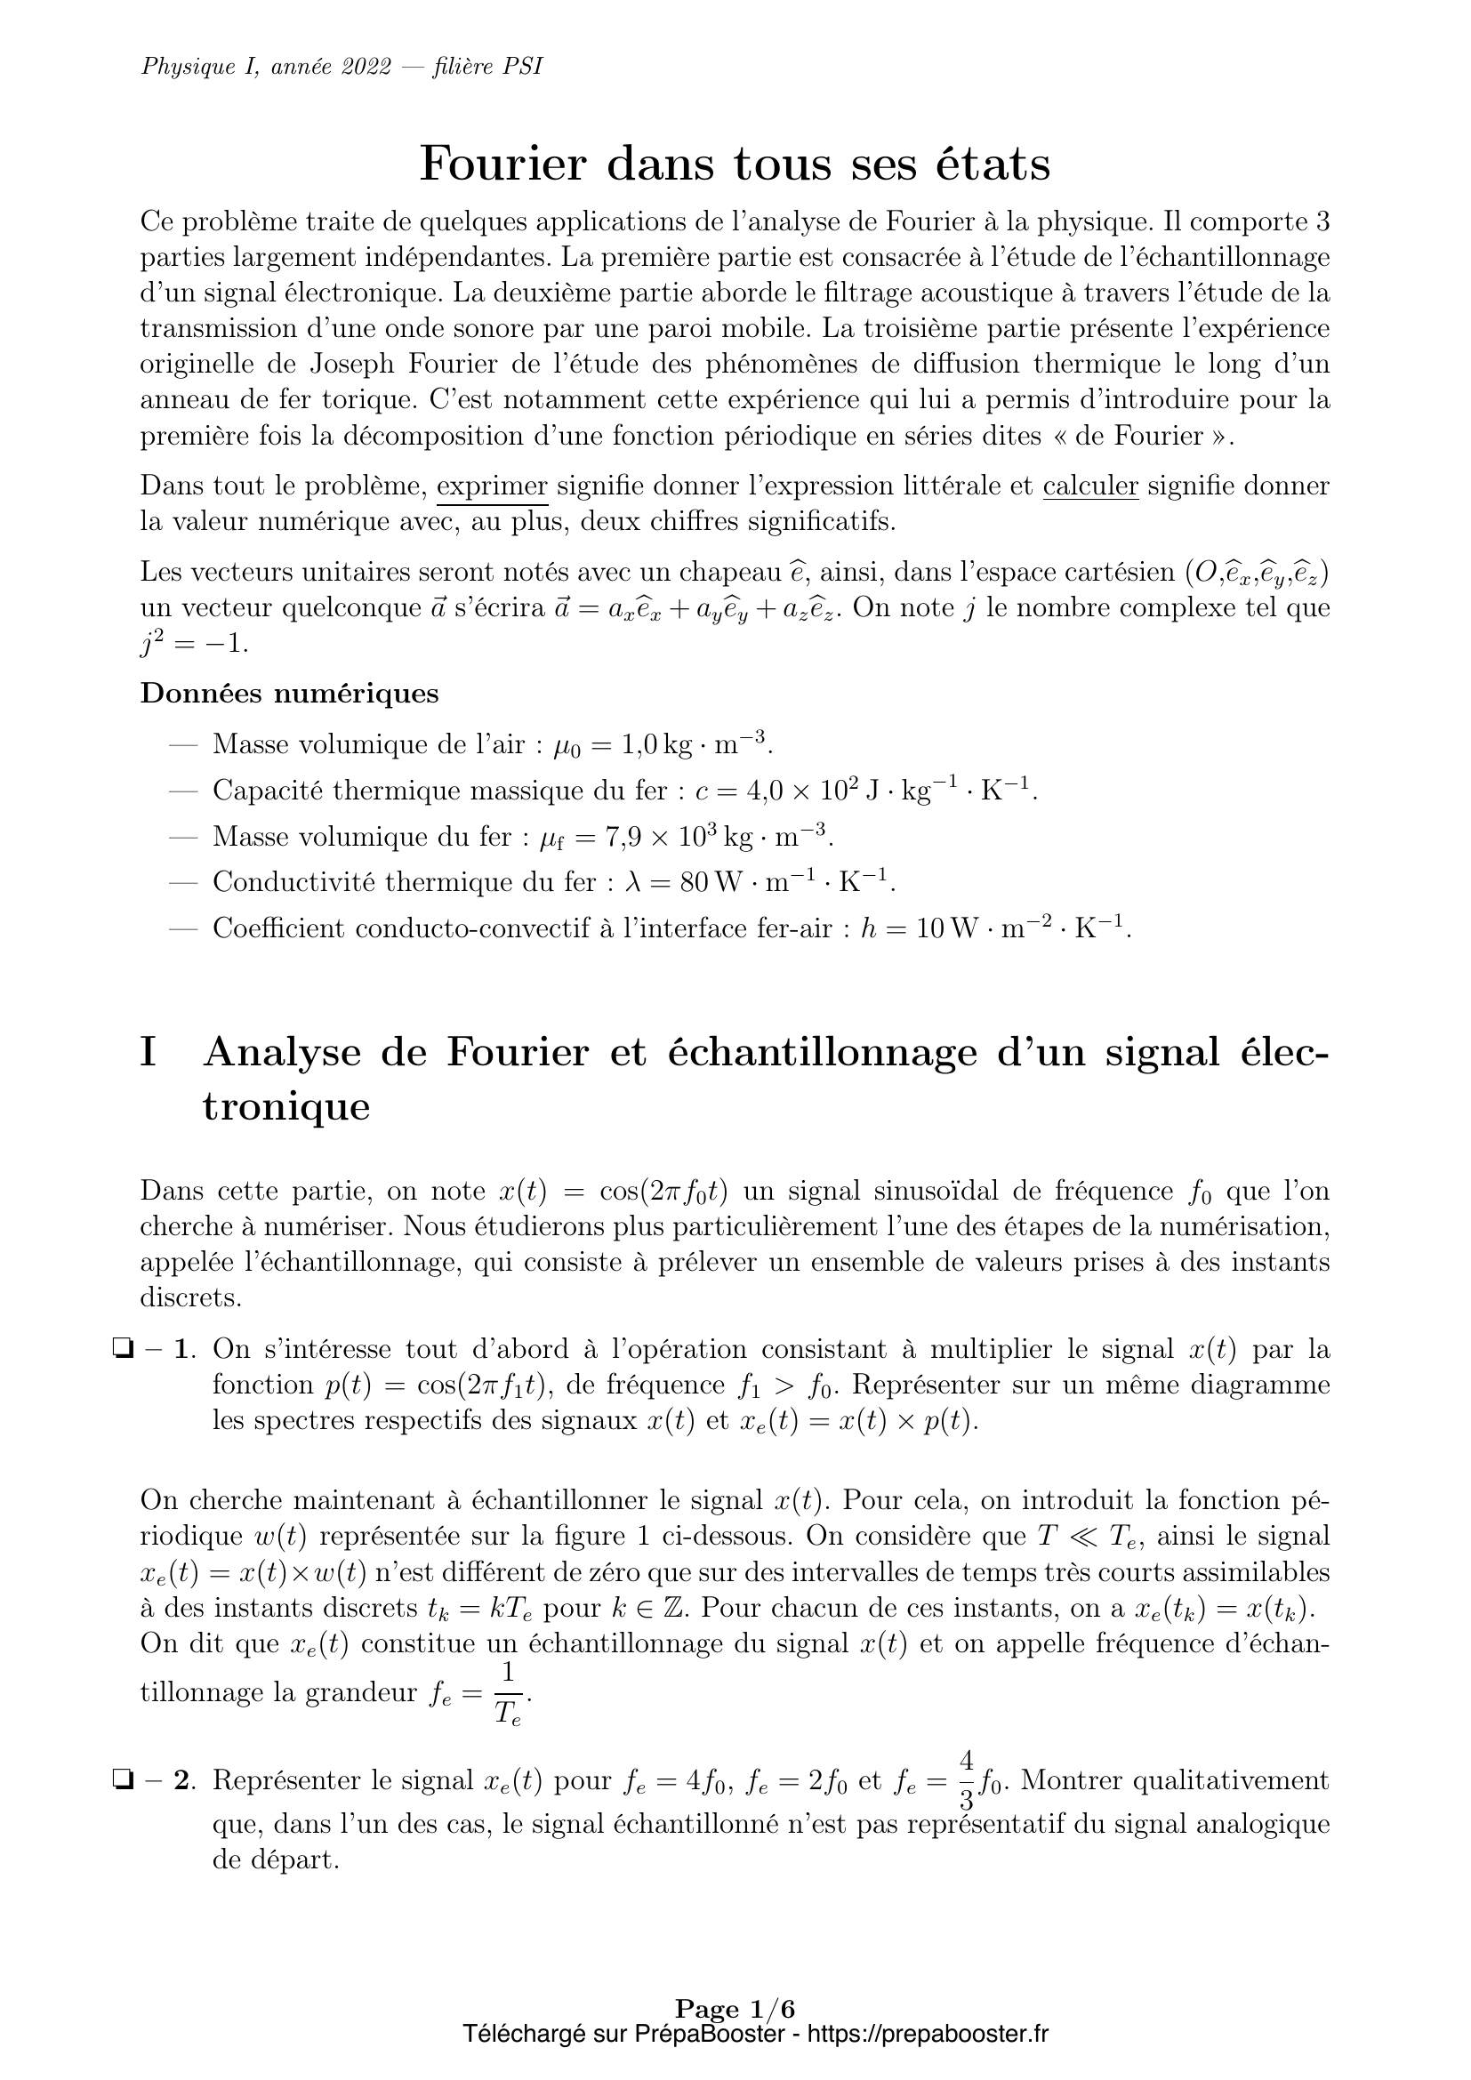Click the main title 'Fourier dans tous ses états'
tap(735, 164)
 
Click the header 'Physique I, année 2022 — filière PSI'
tap(342, 67)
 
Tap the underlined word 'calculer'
tap(1090, 486)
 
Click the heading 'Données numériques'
tap(290, 694)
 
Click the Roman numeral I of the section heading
tap(149, 1053)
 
